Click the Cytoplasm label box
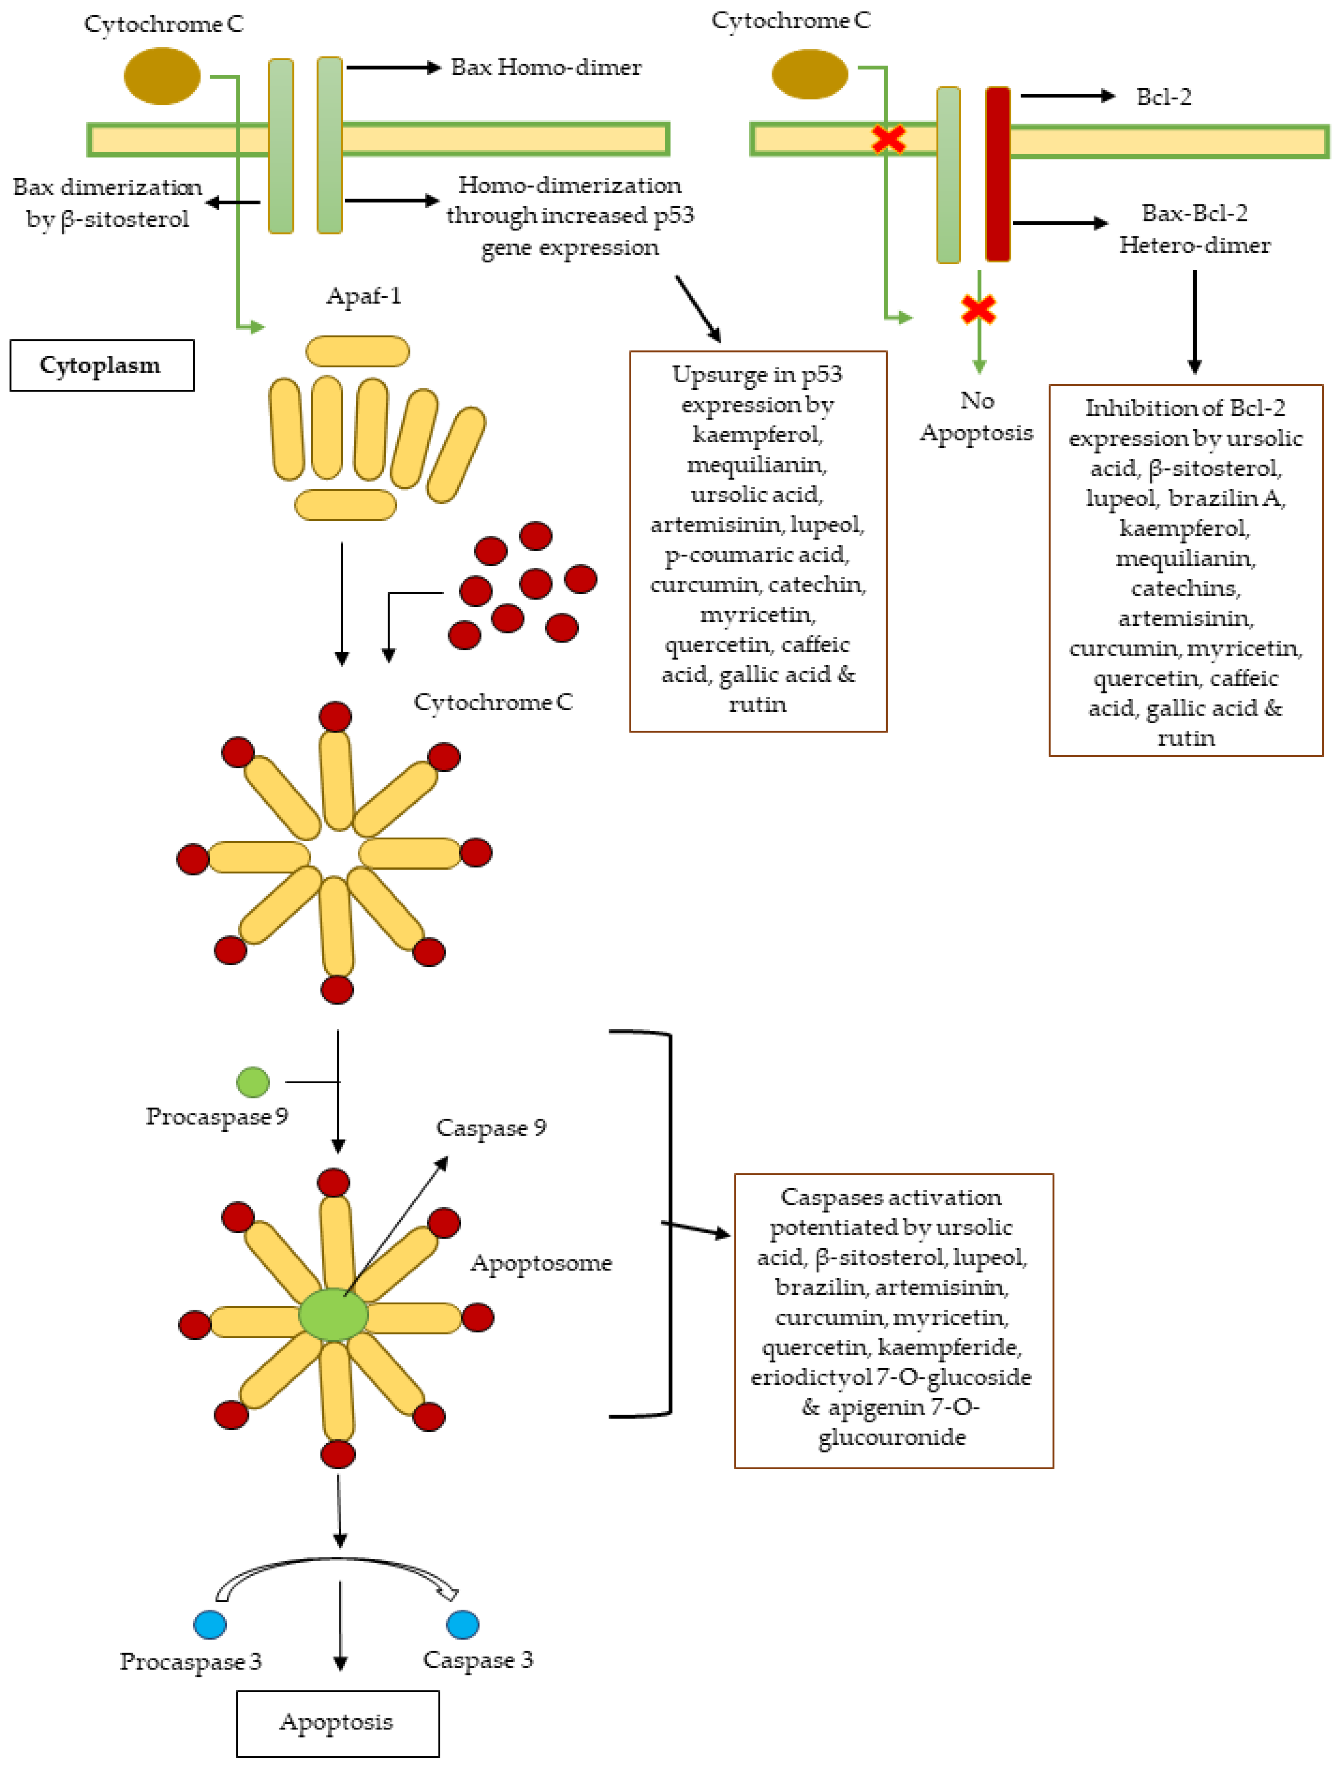coord(101,366)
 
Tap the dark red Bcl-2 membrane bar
coord(998,174)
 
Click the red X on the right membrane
coord(888,139)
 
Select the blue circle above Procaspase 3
coord(210,1624)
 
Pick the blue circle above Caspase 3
coord(463,1624)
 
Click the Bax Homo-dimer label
coord(546,67)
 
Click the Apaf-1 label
coord(363,296)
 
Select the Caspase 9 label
coord(491,1127)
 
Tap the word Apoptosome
coord(541,1263)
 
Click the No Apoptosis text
coord(977,416)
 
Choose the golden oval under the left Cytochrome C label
coord(162,76)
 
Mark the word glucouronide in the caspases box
coord(892,1437)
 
